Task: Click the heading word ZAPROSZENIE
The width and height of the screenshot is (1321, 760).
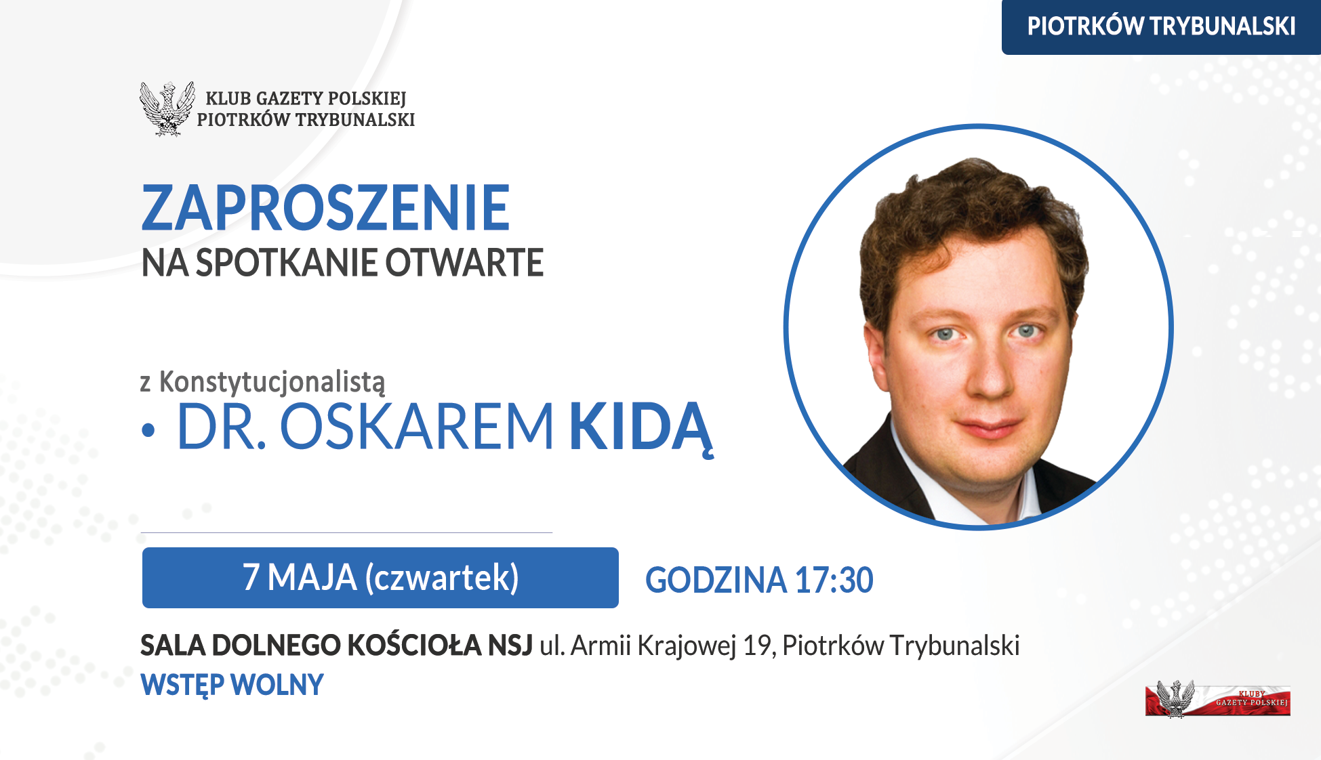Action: click(325, 208)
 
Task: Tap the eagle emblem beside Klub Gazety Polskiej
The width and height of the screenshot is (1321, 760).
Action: click(167, 108)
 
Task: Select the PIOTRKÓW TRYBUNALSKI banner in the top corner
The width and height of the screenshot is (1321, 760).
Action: click(1161, 26)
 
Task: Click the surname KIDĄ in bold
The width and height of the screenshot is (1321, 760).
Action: click(641, 428)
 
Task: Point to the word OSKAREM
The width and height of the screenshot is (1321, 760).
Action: click(417, 427)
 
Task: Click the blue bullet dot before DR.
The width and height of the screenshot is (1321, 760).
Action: click(148, 431)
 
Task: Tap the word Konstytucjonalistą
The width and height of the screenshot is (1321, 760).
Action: click(272, 383)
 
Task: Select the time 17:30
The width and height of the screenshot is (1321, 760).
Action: click(834, 580)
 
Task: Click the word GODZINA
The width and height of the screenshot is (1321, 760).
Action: click(716, 580)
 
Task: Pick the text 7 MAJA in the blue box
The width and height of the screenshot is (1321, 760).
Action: click(300, 578)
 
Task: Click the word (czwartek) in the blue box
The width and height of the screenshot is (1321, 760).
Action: click(442, 578)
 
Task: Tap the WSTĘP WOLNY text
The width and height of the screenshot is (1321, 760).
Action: click(232, 685)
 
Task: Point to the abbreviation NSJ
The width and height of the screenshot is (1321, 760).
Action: click(510, 646)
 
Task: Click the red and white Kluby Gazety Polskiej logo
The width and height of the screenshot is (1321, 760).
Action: click(1217, 698)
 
